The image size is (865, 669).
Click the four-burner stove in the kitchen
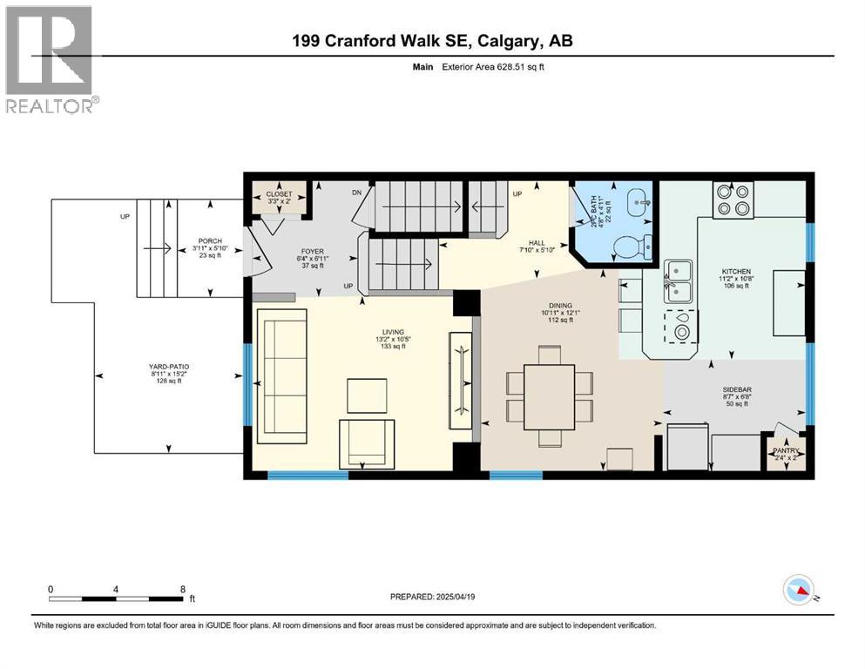tap(733, 200)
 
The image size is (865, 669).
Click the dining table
tap(549, 396)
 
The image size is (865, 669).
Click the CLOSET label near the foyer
tap(279, 195)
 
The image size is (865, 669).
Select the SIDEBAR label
tap(735, 391)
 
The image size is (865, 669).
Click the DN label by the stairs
tap(355, 193)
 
